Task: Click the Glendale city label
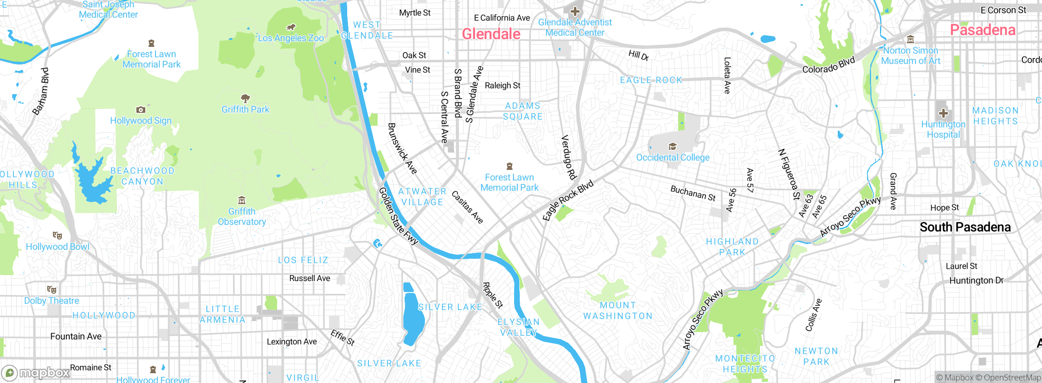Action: [491, 34]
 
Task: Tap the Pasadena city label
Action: [982, 30]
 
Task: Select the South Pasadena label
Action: [965, 227]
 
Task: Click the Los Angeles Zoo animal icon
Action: [291, 28]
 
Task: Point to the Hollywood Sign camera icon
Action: [141, 110]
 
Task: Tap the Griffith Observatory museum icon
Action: [242, 200]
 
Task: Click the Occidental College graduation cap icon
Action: [672, 146]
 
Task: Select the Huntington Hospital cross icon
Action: [943, 113]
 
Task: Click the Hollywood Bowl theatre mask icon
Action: [57, 236]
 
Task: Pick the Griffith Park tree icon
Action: [245, 98]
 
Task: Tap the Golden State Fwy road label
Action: [398, 216]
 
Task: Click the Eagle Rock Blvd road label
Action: [568, 200]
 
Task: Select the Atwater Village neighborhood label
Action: [422, 196]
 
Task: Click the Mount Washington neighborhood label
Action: [617, 310]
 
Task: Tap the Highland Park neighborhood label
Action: [732, 247]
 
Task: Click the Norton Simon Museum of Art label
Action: [911, 56]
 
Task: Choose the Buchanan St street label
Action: [693, 193]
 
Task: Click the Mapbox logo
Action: [36, 372]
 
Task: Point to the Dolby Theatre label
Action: [52, 301]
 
